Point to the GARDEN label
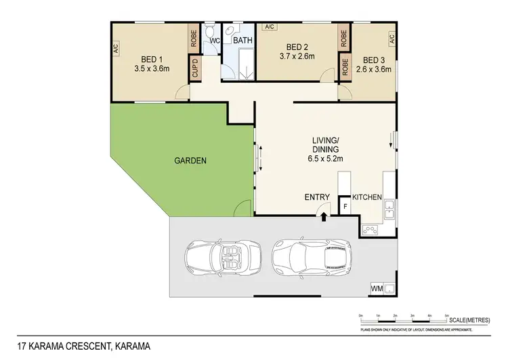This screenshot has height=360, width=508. click(190, 161)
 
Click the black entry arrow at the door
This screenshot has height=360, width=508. click(324, 217)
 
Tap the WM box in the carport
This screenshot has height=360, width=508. click(376, 289)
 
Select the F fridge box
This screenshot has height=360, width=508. click(345, 206)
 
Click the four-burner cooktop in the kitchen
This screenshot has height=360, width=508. click(370, 229)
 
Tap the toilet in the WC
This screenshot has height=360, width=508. click(211, 31)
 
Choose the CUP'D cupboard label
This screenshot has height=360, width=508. click(195, 69)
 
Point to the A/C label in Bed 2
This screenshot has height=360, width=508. click(269, 27)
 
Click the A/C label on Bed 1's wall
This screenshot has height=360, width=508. click(116, 48)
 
